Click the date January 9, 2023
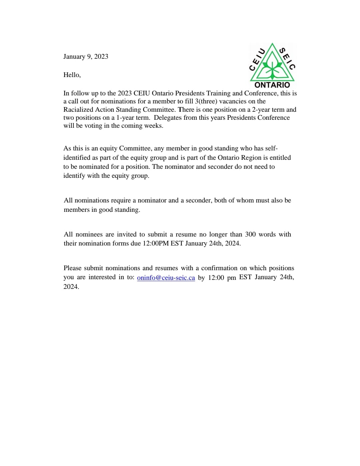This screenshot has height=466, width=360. [x=86, y=56]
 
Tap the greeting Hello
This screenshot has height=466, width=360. [x=72, y=75]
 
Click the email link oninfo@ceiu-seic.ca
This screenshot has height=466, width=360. [x=166, y=278]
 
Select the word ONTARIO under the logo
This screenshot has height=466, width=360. [x=272, y=85]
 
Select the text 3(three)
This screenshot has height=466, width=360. [x=206, y=101]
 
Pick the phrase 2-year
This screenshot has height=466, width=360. [x=261, y=109]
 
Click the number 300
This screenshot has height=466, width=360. [x=250, y=234]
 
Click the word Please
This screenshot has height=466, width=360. [x=72, y=268]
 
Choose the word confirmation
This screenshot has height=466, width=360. [x=219, y=268]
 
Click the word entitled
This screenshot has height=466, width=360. [x=280, y=157]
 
